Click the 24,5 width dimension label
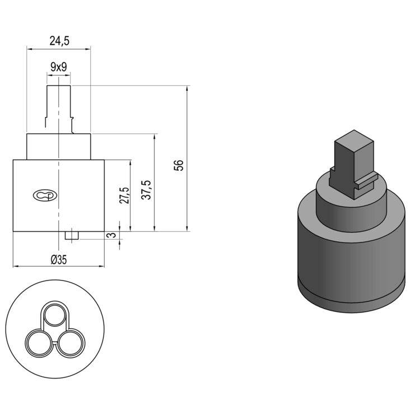[x=59, y=40]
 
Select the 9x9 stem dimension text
[x=58, y=67]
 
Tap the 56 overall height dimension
[x=179, y=165]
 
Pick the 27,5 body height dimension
[x=124, y=196]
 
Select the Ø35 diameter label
[x=58, y=259]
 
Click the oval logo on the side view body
[x=44, y=195]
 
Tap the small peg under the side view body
[x=71, y=236]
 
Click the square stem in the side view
[x=59, y=106]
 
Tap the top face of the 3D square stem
[x=354, y=137]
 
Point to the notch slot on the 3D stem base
[x=367, y=180]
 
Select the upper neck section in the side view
[x=59, y=147]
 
